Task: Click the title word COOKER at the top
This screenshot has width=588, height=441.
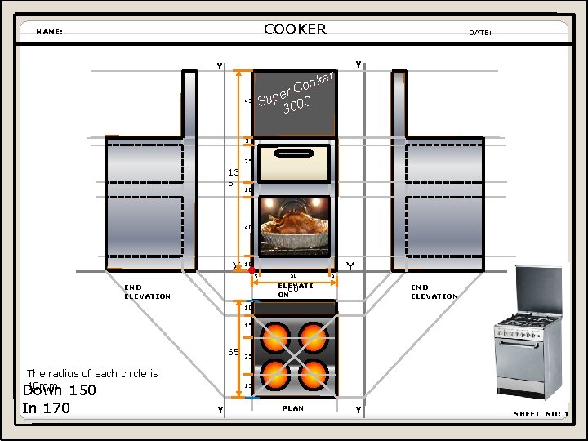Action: (x=295, y=29)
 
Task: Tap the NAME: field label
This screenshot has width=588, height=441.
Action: (x=50, y=33)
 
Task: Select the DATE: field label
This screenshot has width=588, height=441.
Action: (x=480, y=33)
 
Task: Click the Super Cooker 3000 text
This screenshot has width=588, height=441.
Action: (x=294, y=94)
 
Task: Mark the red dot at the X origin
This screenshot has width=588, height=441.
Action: (x=253, y=270)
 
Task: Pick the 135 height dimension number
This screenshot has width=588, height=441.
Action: (x=233, y=177)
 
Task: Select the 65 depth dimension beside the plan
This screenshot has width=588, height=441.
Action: (x=233, y=352)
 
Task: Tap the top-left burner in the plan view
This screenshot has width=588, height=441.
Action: (x=276, y=335)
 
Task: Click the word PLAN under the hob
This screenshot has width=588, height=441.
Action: (x=292, y=408)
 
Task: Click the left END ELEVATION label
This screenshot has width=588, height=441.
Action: (x=147, y=292)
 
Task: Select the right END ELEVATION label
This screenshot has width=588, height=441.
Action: (x=434, y=292)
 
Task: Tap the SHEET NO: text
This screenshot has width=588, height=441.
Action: (x=539, y=414)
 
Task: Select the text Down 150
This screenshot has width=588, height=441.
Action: (x=59, y=390)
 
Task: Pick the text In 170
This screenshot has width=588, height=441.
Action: (x=46, y=408)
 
